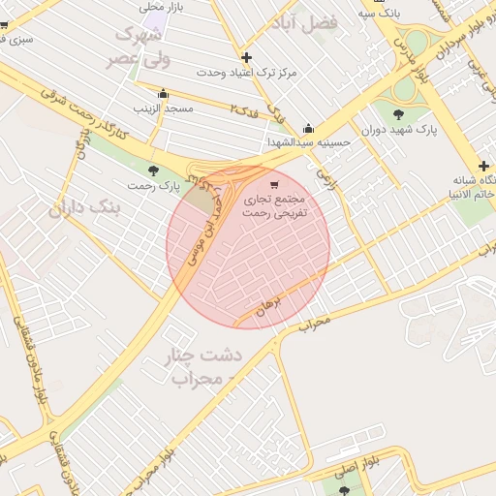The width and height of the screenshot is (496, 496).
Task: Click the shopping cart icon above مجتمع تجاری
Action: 274,184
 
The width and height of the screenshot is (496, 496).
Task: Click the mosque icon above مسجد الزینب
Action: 163,95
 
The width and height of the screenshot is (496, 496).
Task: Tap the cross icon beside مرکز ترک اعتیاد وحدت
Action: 246,58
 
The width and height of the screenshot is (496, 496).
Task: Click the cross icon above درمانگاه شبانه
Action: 483,166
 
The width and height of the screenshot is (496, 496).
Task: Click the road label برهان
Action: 268,307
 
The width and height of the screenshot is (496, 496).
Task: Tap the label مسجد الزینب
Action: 164,108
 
